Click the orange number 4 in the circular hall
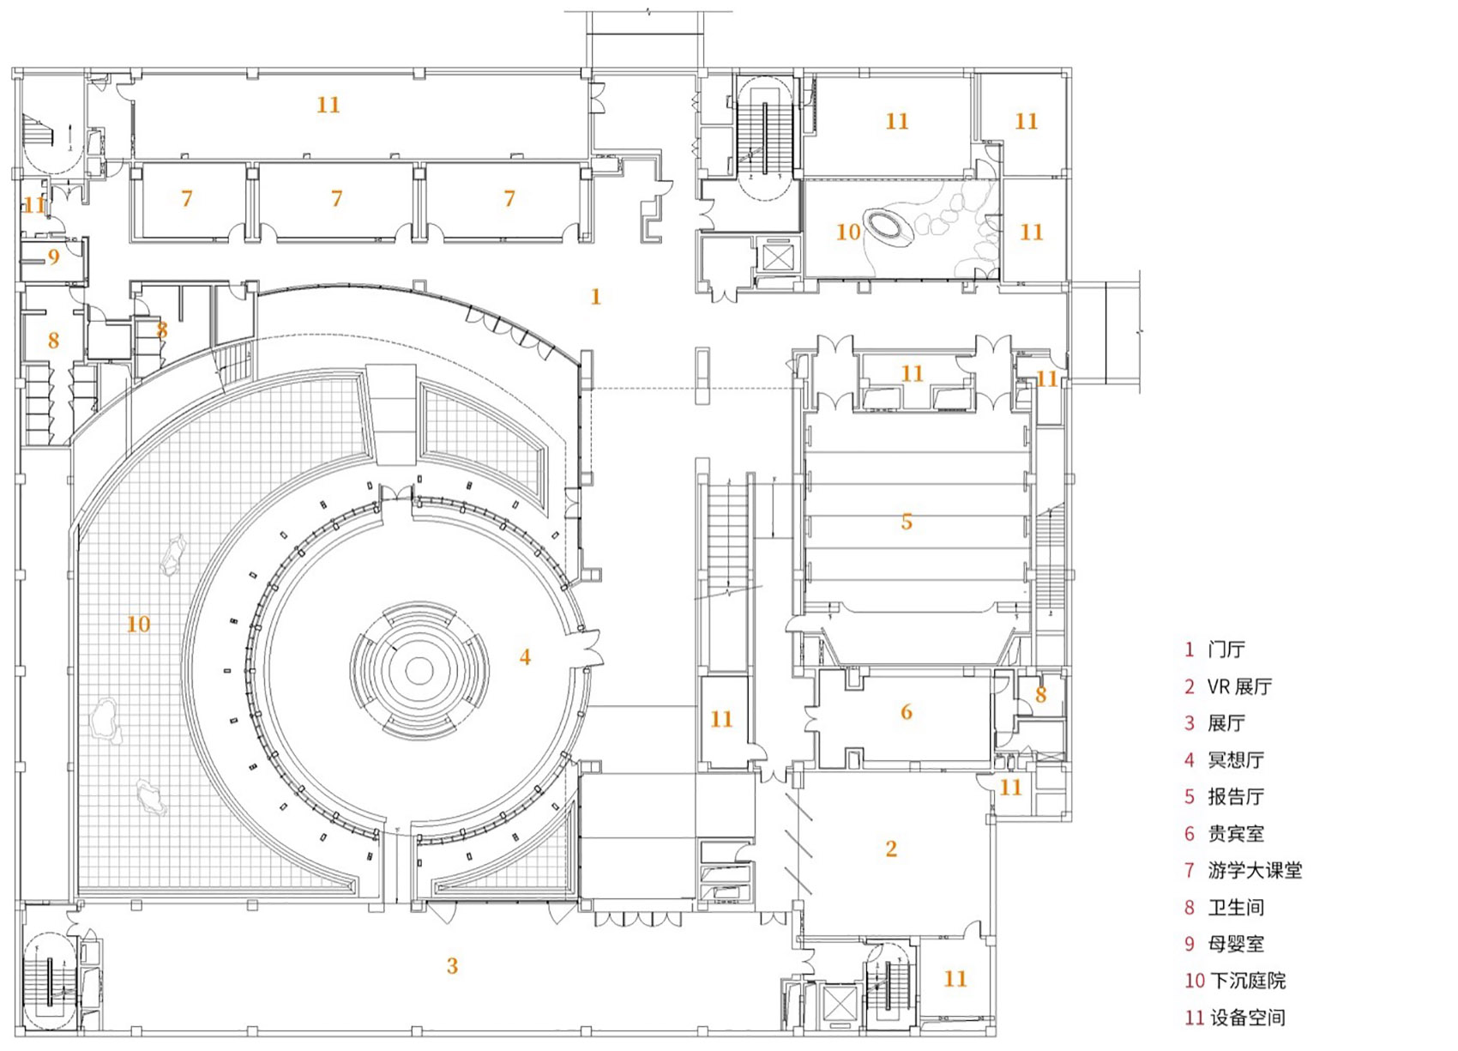pos(525,657)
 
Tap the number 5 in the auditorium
pos(907,522)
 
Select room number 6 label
pos(907,711)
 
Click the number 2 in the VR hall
pos(891,849)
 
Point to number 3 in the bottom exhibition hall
pos(452,966)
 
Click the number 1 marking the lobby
pos(596,297)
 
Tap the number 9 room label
pos(53,257)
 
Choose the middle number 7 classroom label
pos(336,199)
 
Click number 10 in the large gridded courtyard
pos(138,624)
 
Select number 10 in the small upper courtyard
pos(847,232)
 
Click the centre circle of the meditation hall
pos(419,671)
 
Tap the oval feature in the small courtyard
pos(889,227)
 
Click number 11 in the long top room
pos(328,105)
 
